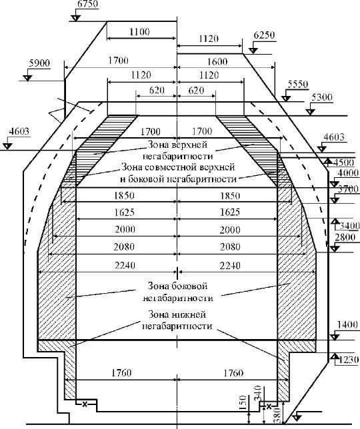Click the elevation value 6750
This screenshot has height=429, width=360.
pos(88,5)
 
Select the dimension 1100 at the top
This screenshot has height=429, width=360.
pos(139,32)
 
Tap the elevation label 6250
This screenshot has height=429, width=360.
pos(264,35)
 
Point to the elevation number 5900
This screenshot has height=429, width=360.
pos(39,63)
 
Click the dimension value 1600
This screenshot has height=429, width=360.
pos(217,61)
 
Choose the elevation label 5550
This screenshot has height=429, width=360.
pos(297,84)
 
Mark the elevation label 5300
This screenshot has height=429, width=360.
pos(322,97)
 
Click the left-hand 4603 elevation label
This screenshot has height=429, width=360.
pos(19,132)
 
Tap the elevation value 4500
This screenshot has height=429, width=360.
pos(343,163)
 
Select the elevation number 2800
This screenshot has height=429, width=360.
pos(345,237)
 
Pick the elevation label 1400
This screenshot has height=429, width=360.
pos(348,325)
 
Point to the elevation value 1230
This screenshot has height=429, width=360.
pos(349,359)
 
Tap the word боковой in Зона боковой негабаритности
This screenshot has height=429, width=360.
pos(189,286)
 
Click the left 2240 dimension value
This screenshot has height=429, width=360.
pos(125,265)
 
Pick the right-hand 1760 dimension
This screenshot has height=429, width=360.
pos(233,373)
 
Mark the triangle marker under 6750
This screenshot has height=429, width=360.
pos(76,19)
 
